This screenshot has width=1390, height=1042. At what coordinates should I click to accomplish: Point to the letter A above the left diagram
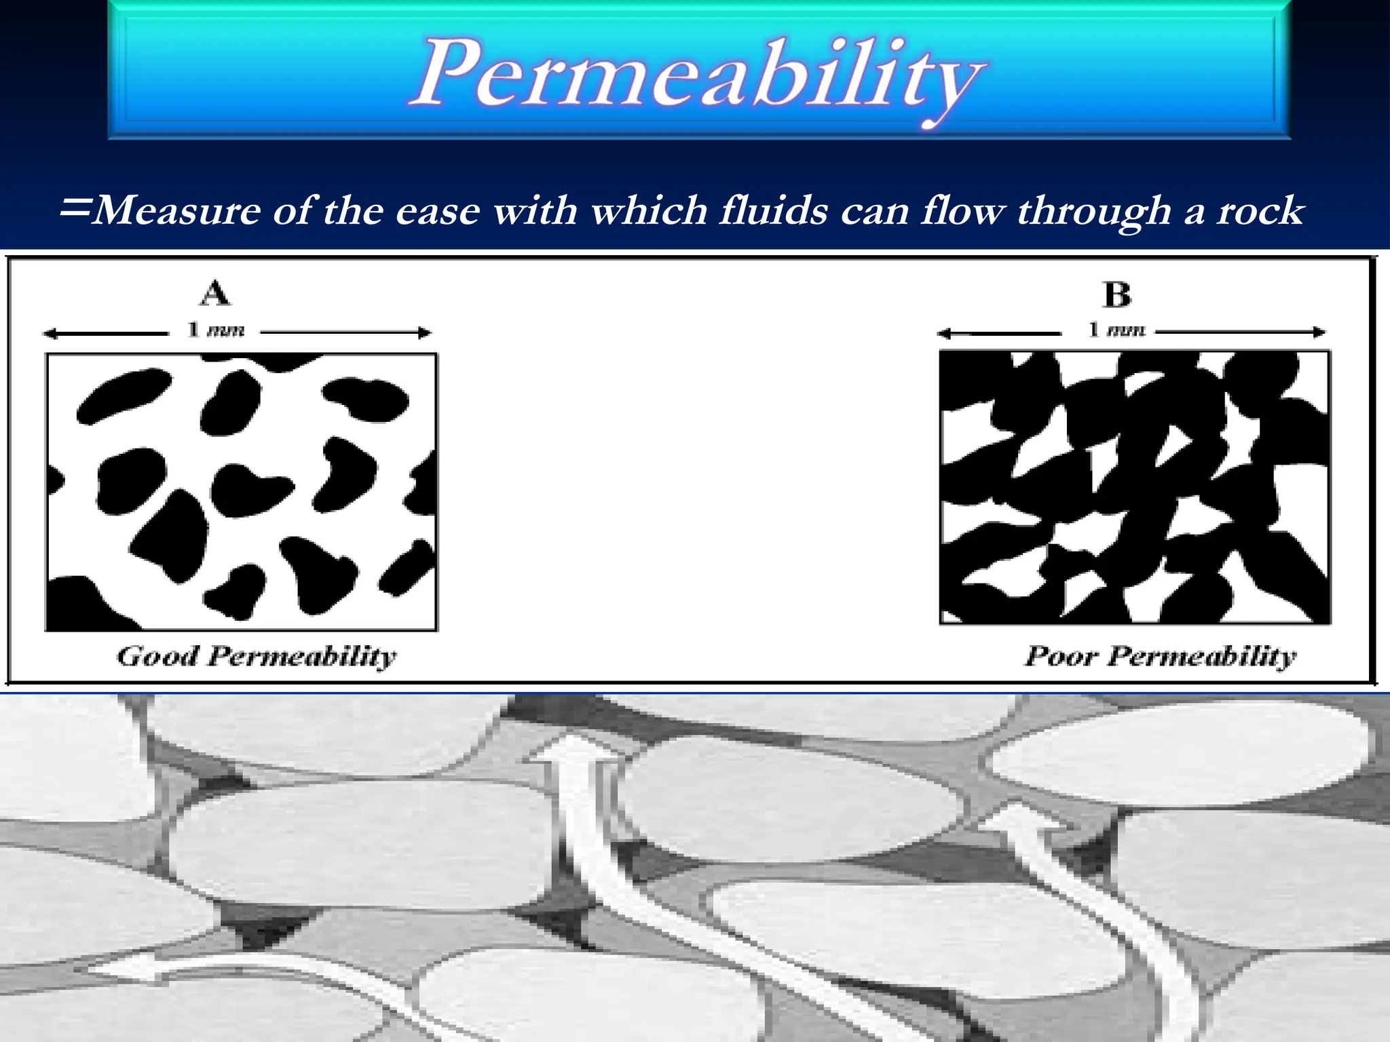(x=215, y=293)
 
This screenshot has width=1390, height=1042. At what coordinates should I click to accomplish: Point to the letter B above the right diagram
(x=1117, y=295)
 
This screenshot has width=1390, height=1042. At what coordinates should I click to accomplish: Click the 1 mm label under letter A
(x=215, y=330)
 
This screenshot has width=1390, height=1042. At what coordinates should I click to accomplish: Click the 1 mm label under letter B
(x=1116, y=330)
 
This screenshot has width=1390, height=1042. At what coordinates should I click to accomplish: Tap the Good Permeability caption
(x=257, y=657)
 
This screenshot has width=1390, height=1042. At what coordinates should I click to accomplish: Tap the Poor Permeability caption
(x=1160, y=657)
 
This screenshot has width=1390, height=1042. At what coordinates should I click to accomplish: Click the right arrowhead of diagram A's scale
(x=426, y=333)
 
